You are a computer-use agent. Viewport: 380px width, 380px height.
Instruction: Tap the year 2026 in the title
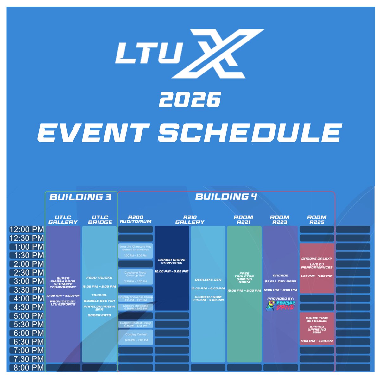190,99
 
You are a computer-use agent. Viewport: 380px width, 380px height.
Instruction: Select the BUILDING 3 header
80,197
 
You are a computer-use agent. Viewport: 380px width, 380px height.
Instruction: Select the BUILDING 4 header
226,197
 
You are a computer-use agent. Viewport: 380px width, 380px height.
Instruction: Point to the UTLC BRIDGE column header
100,220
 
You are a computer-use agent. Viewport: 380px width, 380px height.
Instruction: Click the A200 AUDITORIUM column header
136,219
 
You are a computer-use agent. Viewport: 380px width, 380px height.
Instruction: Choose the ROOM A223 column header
280,220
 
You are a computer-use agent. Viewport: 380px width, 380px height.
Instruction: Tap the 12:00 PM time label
27,230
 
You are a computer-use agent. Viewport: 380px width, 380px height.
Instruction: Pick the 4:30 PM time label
27,307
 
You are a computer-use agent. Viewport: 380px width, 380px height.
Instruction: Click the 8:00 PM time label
27,368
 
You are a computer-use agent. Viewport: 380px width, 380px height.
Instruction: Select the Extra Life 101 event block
136,251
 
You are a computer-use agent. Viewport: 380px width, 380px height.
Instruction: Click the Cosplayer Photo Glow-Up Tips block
136,277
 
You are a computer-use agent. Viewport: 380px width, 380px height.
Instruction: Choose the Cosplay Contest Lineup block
136,324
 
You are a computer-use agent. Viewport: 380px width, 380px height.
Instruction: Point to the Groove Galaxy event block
317,268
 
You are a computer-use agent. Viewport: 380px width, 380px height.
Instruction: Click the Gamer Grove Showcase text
172,261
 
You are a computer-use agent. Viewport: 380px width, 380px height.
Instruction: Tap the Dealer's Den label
208,280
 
